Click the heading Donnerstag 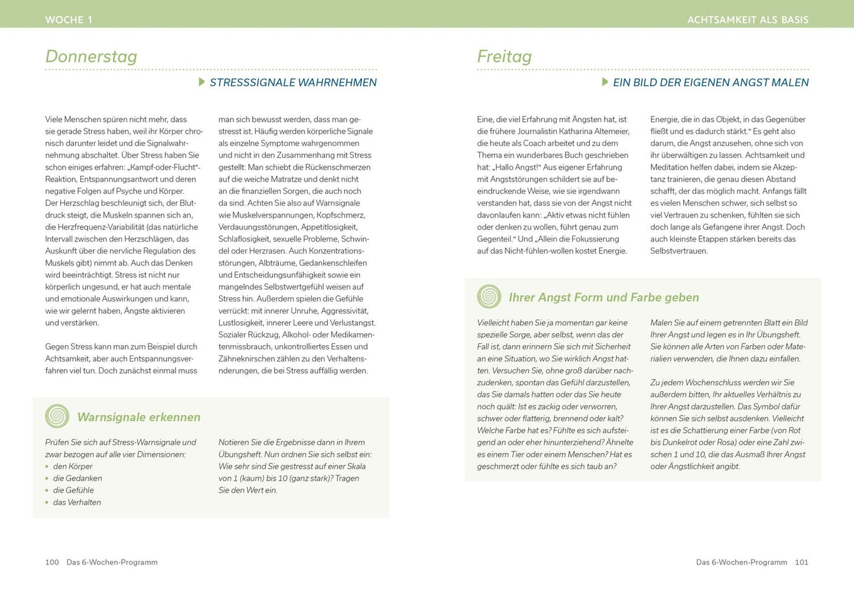point(91,56)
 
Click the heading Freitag point(504,56)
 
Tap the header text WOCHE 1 point(69,19)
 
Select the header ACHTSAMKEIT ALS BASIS point(748,19)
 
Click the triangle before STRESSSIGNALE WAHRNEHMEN point(202,82)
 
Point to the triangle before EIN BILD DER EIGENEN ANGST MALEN point(605,82)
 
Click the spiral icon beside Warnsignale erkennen point(57,416)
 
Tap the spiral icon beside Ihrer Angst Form point(489,297)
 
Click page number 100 point(52,562)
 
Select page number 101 point(801,562)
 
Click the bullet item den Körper point(73,466)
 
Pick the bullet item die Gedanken point(77,478)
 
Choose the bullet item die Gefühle point(73,490)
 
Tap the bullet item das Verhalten point(77,502)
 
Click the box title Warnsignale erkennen point(139,417)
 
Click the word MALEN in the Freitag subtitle point(790,83)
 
